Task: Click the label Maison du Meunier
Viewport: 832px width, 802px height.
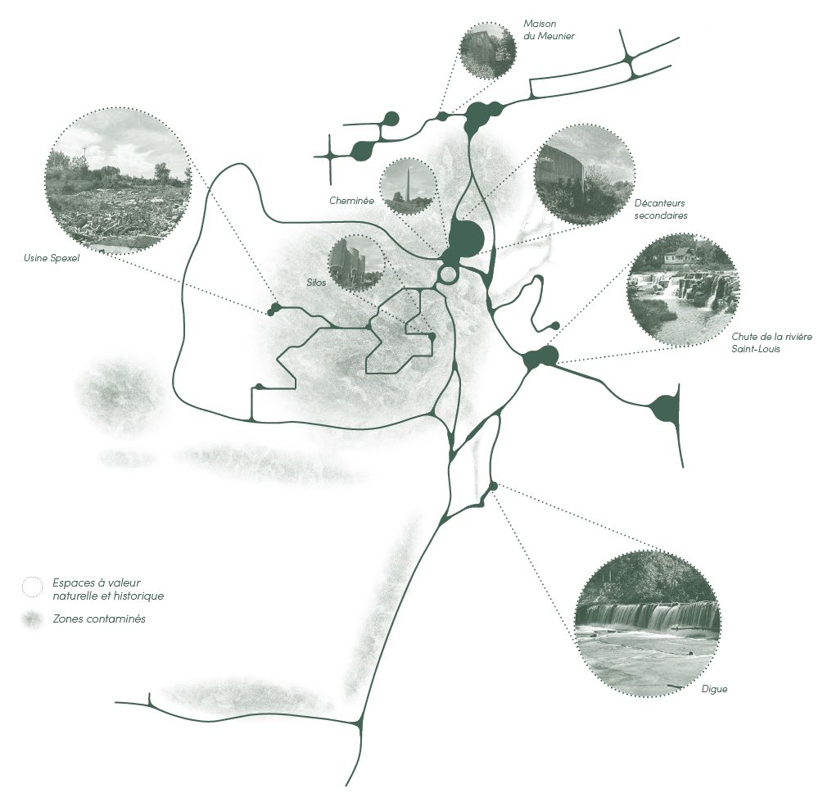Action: tap(549, 29)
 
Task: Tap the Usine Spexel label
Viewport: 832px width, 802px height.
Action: tap(52, 259)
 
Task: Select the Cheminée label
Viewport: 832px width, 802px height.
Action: tap(351, 201)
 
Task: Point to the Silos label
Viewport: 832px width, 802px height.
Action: tap(316, 283)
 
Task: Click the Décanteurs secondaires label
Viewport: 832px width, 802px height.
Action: tap(661, 209)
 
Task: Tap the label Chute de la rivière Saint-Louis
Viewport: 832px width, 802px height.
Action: tap(771, 342)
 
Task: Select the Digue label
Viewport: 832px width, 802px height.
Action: tap(714, 689)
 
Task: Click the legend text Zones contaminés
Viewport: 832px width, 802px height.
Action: tap(99, 618)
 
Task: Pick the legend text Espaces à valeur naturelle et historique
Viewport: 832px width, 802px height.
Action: tap(108, 589)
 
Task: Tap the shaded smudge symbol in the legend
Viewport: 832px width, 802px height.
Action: tap(32, 619)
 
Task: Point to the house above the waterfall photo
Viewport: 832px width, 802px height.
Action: tap(679, 256)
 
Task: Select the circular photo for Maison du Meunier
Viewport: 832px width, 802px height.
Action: tap(487, 51)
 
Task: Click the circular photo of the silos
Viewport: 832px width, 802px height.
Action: tap(356, 263)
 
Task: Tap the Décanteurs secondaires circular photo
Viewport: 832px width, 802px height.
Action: tap(584, 174)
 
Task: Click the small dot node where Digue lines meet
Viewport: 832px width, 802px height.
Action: tap(493, 486)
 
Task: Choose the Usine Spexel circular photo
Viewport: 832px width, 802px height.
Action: tap(118, 180)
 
